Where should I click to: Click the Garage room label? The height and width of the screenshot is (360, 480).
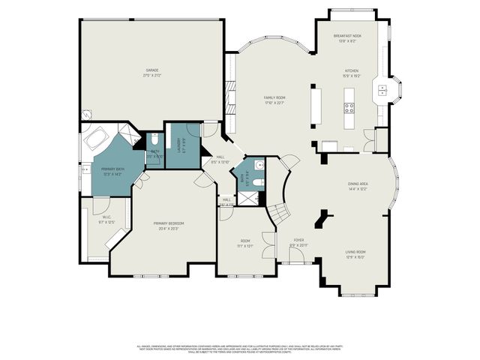click(x=153, y=72)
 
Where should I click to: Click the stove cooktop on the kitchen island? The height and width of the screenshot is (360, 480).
click(x=349, y=107)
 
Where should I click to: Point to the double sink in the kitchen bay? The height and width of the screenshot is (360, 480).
click(x=382, y=91)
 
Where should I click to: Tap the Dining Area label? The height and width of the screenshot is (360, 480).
click(x=357, y=186)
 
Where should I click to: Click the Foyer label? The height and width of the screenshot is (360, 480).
click(x=298, y=242)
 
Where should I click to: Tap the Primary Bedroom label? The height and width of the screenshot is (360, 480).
click(x=169, y=226)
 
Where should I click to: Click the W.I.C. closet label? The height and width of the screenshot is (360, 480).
click(x=106, y=220)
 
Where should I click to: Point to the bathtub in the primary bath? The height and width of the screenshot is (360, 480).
click(x=97, y=140)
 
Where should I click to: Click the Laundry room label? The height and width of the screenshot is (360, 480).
click(x=178, y=144)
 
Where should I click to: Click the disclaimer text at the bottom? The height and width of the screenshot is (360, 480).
click(x=240, y=348)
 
